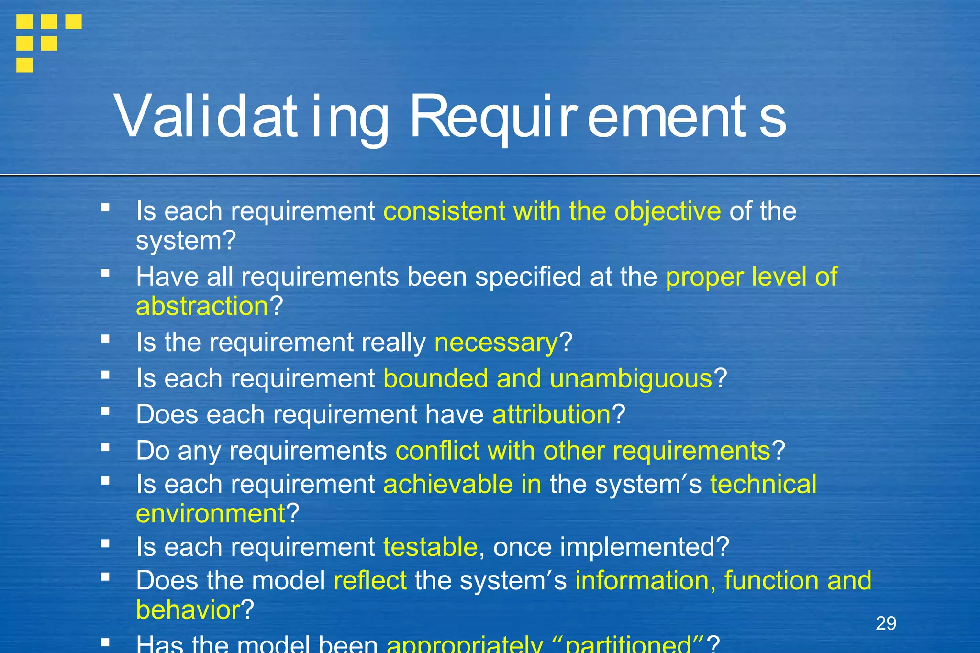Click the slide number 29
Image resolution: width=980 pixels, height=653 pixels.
[886, 623]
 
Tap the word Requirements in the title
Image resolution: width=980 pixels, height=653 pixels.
[598, 116]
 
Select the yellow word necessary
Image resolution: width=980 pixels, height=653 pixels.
[496, 343]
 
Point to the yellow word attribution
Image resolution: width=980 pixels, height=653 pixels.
[551, 414]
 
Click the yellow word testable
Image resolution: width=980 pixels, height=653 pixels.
[430, 547]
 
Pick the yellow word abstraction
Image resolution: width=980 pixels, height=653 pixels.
[202, 306]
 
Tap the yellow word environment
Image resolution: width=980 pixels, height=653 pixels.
[211, 514]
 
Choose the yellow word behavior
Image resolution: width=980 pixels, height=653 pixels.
[188, 610]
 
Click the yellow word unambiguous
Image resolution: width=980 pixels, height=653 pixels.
[631, 379]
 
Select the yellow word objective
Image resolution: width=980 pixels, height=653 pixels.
[668, 211]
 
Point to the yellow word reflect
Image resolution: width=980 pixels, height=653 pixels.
[370, 581]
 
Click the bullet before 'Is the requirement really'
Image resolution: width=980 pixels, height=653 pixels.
[105, 339]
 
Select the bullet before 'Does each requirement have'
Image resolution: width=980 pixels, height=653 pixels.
[105, 410]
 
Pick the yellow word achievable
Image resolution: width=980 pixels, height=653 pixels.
[448, 484]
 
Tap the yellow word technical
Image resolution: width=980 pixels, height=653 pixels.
[763, 484]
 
